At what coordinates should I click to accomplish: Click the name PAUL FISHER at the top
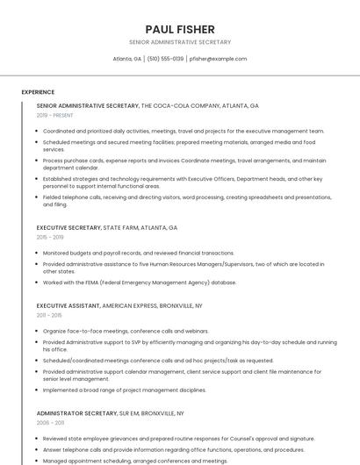[180, 29]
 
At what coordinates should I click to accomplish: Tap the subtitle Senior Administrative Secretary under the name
[180, 42]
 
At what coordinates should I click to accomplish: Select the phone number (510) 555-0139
[165, 59]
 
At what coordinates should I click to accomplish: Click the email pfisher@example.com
[218, 59]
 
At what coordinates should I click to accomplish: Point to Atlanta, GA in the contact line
[127, 59]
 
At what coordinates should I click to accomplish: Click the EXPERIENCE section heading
[38, 92]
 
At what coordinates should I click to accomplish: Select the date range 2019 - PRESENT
[55, 115]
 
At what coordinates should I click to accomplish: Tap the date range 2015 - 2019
[50, 237]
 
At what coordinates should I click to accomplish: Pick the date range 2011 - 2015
[49, 314]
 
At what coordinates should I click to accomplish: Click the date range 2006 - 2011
[50, 422]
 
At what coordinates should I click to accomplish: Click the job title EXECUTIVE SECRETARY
[68, 227]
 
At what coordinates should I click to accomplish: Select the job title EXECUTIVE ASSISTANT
[68, 304]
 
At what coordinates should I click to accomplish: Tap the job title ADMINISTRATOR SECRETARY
[76, 412]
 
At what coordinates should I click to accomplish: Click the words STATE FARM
[122, 227]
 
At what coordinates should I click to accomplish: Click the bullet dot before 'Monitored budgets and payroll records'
[38, 253]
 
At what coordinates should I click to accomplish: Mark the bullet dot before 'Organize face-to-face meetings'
[38, 331]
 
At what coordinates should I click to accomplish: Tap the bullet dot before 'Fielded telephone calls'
[38, 197]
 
